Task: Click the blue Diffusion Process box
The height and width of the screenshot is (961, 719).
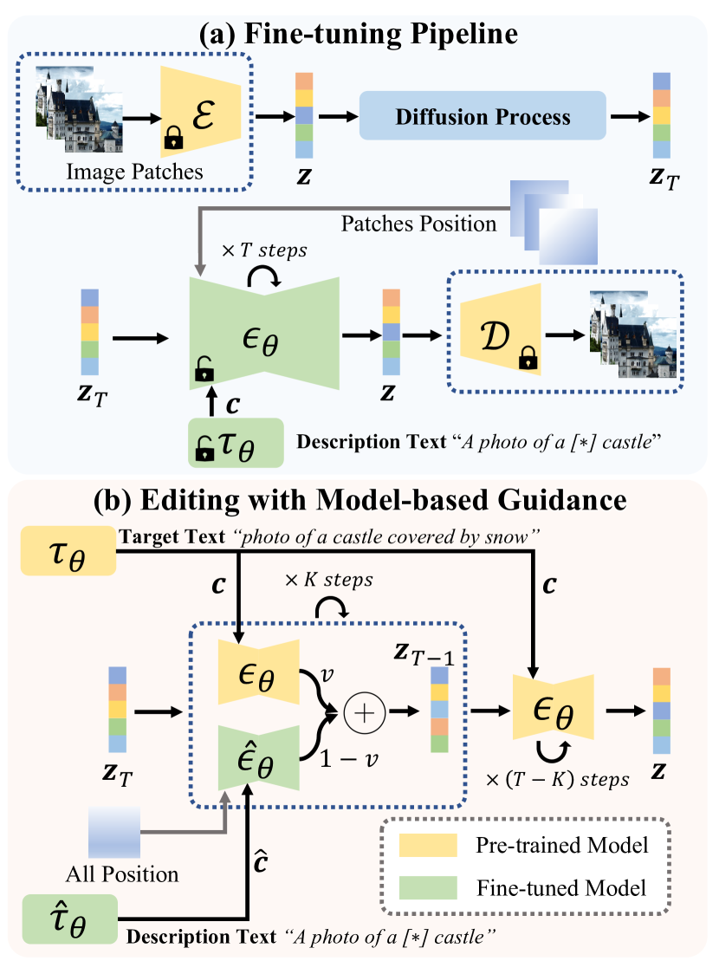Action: [x=483, y=116]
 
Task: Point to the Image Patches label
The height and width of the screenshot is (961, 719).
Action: [x=135, y=172]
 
